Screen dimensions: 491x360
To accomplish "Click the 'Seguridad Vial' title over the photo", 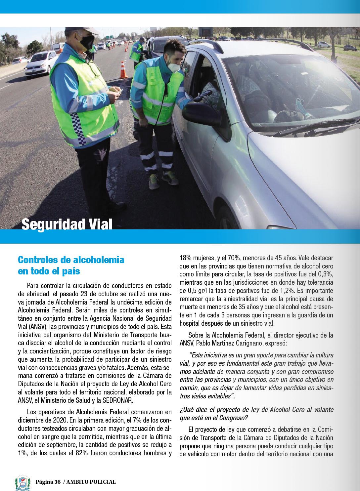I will (x=67, y=224).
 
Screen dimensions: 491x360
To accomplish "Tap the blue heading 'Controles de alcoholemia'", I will (x=71, y=260).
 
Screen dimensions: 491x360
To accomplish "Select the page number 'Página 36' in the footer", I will (x=48, y=482).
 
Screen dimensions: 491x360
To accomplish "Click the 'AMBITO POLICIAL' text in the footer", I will (x=91, y=482).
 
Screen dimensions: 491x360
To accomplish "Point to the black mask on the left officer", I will (x=87, y=42).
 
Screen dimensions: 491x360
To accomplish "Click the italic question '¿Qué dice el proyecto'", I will (x=213, y=410).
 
